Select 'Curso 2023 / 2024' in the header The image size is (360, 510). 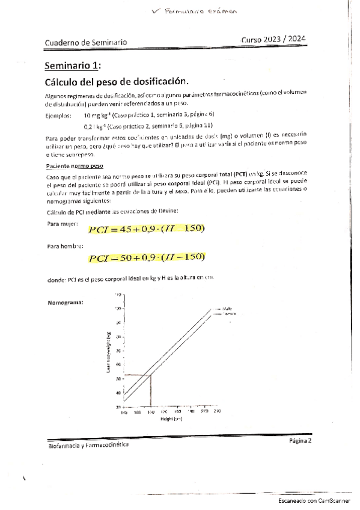[273, 39]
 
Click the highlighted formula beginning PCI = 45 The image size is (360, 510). [147, 228]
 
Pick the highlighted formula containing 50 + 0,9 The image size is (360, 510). [147, 257]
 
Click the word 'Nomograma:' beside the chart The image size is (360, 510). [66, 302]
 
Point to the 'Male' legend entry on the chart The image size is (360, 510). [228, 309]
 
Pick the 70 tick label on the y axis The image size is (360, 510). [118, 351]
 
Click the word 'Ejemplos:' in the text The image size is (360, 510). [58, 115]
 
